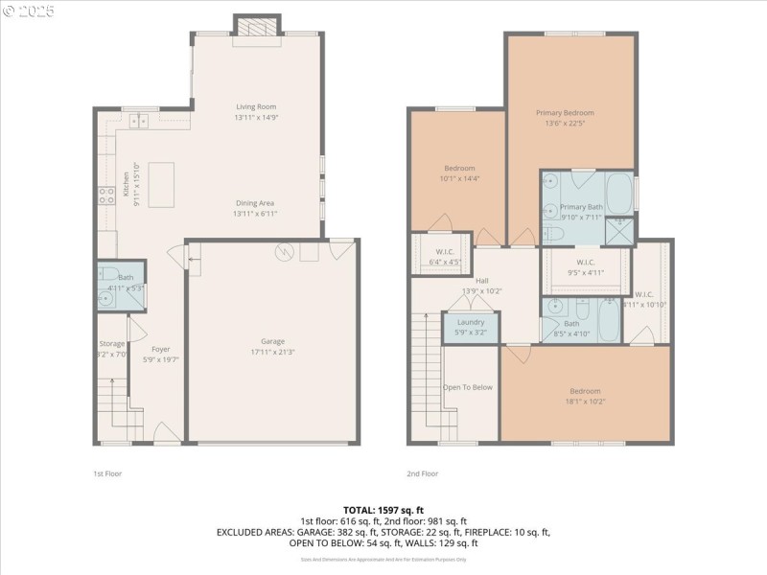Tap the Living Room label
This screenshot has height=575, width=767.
pos(256,106)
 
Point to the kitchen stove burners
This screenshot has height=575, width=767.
pos(105,196)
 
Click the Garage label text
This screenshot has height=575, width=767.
pos(272,341)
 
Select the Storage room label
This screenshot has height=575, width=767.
pos(111,344)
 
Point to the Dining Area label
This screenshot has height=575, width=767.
pos(256,203)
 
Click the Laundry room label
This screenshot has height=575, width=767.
pos(471,322)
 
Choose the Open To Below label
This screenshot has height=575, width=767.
pos(468,387)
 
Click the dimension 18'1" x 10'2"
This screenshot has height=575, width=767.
pos(585,402)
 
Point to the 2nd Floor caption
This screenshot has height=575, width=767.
pos(422,473)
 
